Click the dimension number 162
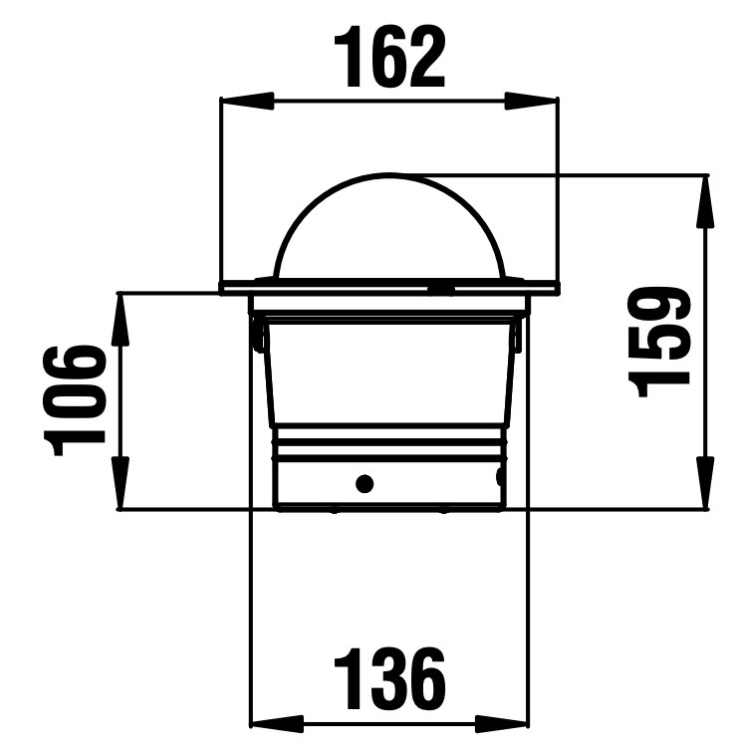389,57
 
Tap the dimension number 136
389,678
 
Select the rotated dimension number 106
74,400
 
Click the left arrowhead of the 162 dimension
247,101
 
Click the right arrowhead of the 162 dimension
531,101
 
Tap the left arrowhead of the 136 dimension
278,723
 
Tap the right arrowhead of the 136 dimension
501,723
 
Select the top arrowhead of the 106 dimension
122,319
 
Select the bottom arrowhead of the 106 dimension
122,483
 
